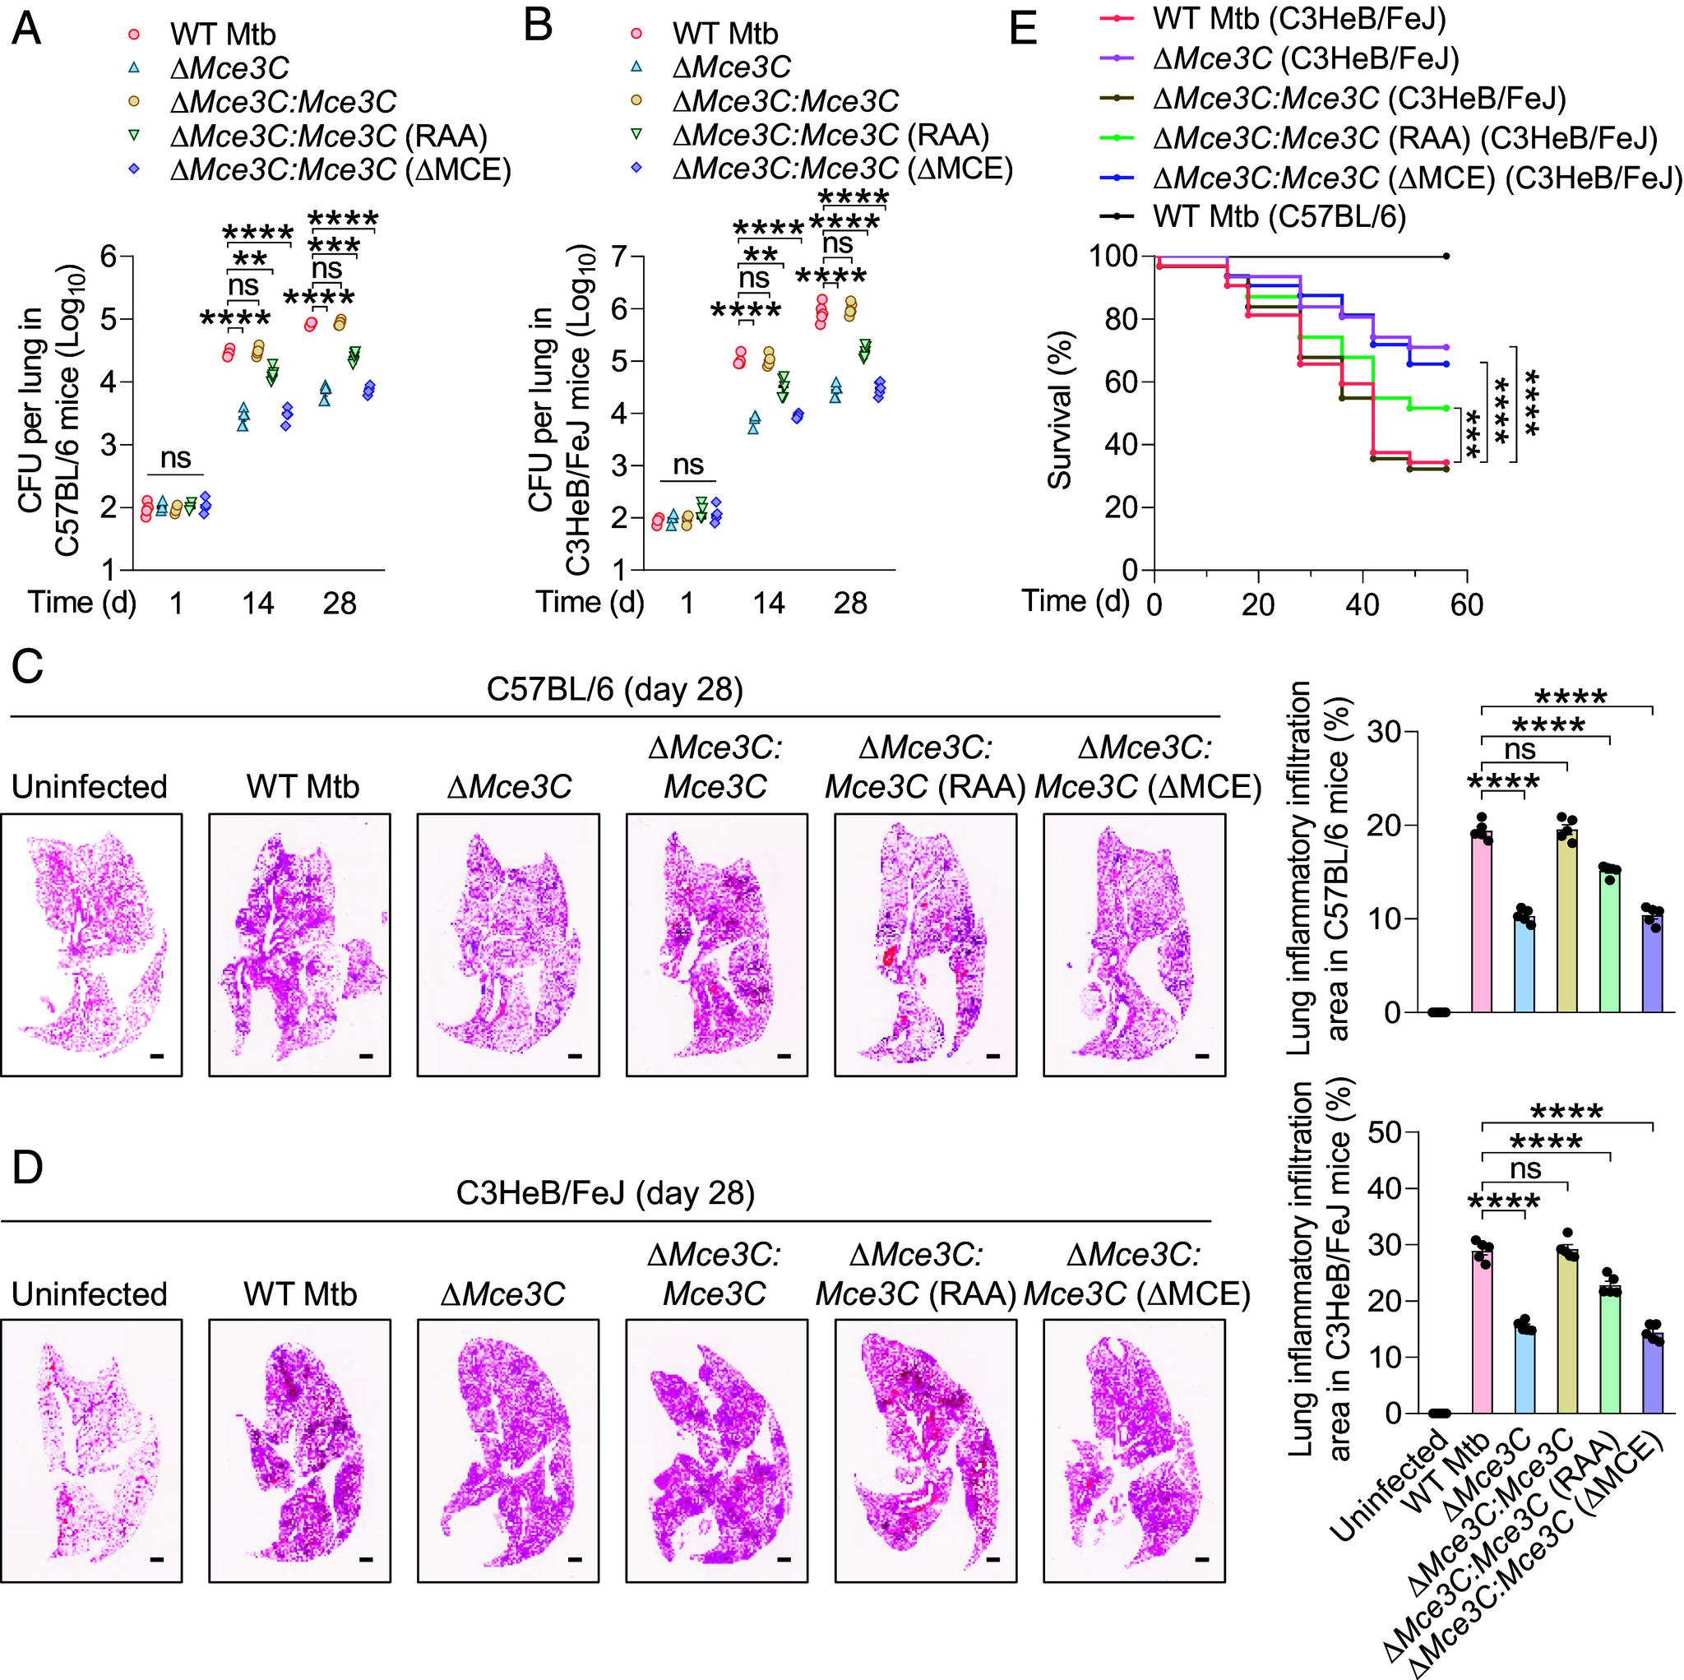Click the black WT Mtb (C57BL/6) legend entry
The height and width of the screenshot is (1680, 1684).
click(x=1279, y=216)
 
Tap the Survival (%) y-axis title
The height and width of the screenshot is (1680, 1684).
click(x=1060, y=412)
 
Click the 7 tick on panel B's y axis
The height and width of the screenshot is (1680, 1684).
click(x=620, y=257)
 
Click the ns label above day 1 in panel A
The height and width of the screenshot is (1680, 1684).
click(x=175, y=458)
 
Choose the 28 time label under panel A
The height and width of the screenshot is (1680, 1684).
click(x=339, y=604)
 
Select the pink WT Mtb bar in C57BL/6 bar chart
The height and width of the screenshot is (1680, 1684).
click(x=1481, y=923)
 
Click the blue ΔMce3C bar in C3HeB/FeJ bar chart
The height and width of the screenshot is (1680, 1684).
click(x=1524, y=1370)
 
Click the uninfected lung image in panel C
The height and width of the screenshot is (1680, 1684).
click(x=91, y=945)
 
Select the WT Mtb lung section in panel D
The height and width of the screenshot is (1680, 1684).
click(x=300, y=1451)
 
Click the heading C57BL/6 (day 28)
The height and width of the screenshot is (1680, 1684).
click(x=614, y=690)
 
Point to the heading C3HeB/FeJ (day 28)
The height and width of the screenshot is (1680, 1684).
click(x=606, y=1192)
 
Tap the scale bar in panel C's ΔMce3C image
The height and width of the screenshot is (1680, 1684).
click(x=576, y=1056)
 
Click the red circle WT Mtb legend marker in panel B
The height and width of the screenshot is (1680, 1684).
click(x=636, y=33)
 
